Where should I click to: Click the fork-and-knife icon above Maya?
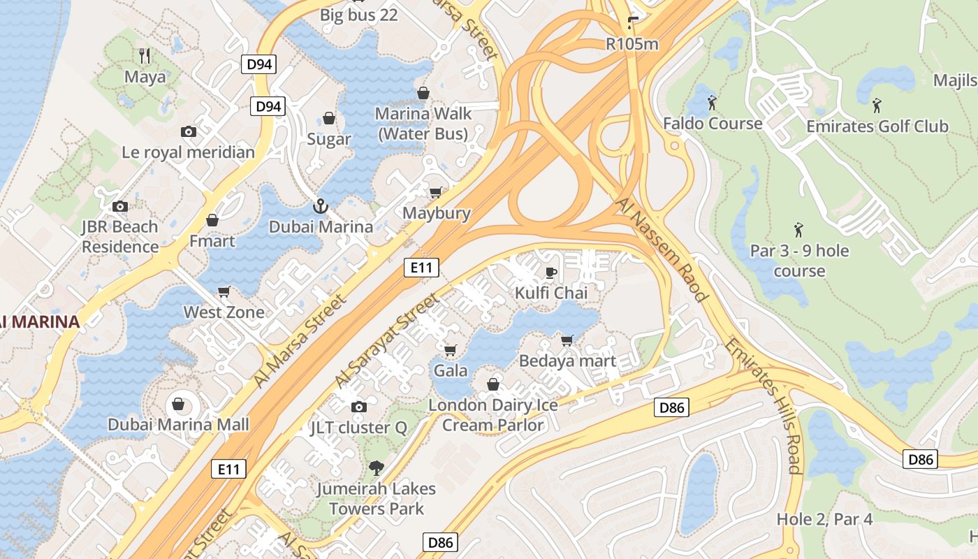pos(145,55)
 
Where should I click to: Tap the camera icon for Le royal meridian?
pos(188,131)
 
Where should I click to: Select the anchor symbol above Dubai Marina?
pos(320,206)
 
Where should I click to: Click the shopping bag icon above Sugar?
pos(328,119)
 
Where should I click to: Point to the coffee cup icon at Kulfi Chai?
pos(550,273)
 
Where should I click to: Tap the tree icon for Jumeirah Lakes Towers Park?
pos(377,468)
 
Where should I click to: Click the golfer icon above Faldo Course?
pos(712,103)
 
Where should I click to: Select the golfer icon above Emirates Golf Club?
pos(877,106)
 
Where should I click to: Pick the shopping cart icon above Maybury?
pos(436,193)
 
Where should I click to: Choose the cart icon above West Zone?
pos(224,291)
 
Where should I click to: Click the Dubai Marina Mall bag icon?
pos(178,404)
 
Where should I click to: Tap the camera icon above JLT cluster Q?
pos(358,407)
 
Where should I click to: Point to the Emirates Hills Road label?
pos(764,405)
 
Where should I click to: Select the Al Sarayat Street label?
pos(387,340)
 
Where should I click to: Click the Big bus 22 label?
pos(358,15)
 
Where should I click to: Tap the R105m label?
pos(632,44)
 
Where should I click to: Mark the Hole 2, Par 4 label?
pos(824,519)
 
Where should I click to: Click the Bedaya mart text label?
pos(567,361)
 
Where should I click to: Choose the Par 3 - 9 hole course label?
pos(799,261)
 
